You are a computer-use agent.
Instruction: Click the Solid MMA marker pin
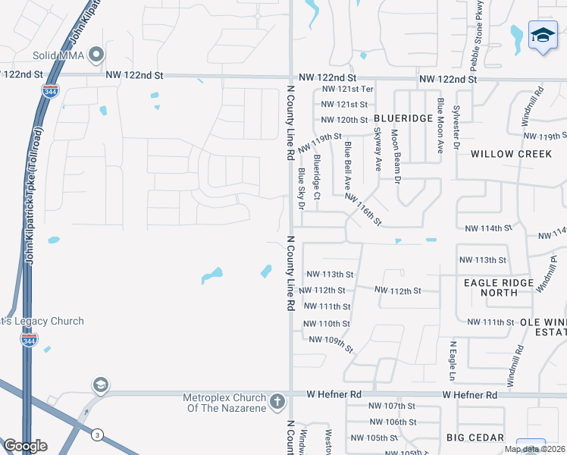click(x=96, y=55)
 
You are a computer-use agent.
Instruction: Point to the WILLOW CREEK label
click(x=511, y=154)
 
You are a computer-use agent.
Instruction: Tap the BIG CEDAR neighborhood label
click(x=475, y=438)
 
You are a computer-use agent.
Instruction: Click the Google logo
click(x=25, y=446)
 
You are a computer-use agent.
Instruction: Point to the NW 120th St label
click(x=344, y=120)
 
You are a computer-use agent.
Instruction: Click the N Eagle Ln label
click(x=453, y=361)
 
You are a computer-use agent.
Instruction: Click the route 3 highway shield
click(x=97, y=435)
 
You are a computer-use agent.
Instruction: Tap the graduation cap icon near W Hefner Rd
click(x=100, y=385)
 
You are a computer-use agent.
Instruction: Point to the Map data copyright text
click(x=534, y=449)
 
